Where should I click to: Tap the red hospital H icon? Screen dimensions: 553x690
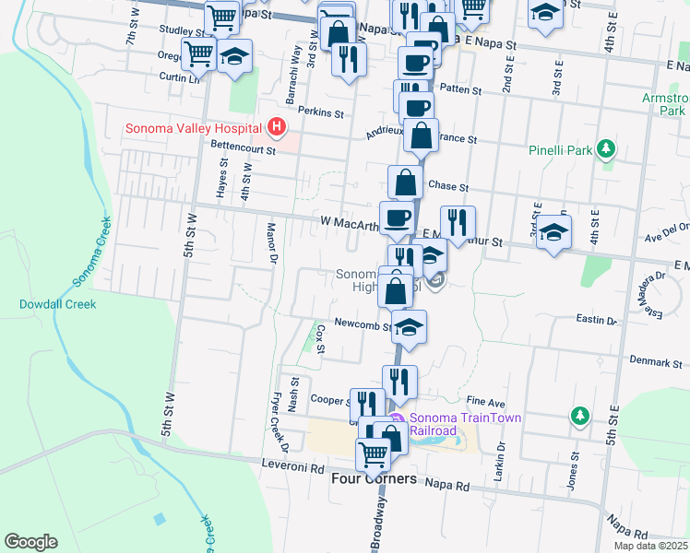pyautogui.click(x=275, y=127)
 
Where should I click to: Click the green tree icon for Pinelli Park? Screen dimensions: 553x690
pyautogui.click(x=606, y=148)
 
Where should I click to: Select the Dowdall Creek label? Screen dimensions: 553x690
pyautogui.click(x=54, y=302)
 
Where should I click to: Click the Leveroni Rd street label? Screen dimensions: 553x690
pyautogui.click(x=293, y=465)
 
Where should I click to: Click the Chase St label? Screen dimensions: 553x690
pyautogui.click(x=449, y=187)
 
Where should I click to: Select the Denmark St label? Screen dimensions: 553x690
pyautogui.click(x=656, y=362)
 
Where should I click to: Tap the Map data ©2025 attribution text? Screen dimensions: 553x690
pyautogui.click(x=651, y=546)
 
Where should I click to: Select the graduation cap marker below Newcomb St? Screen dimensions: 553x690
pyautogui.click(x=410, y=325)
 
